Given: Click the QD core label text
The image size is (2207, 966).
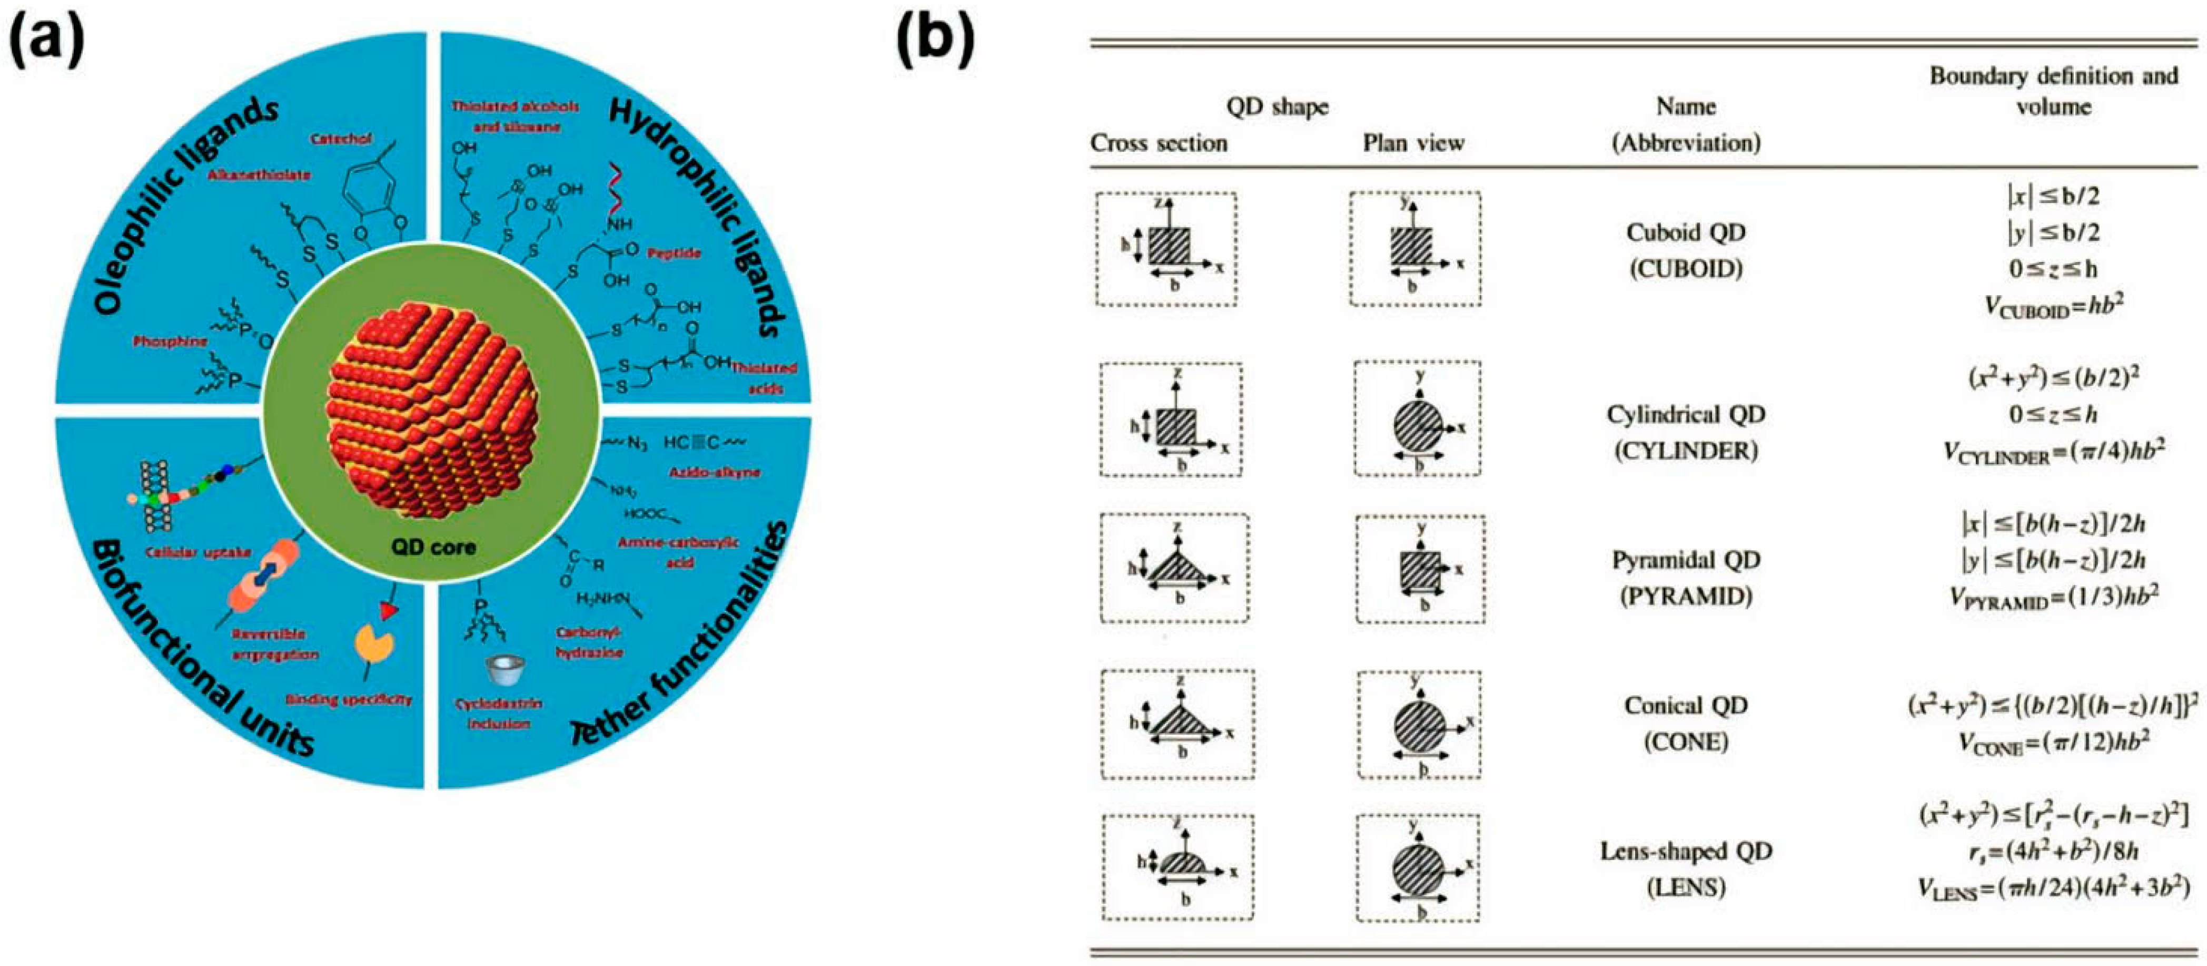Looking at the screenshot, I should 433,546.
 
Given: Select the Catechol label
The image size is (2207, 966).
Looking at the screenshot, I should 341,138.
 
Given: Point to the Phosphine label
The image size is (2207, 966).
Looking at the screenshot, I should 170,341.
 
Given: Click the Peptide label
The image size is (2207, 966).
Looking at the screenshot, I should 674,253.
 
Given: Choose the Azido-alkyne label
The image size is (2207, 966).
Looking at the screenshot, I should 714,472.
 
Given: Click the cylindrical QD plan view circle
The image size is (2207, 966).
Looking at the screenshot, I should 1418,426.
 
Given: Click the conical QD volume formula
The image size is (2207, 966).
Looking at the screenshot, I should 2053,742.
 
